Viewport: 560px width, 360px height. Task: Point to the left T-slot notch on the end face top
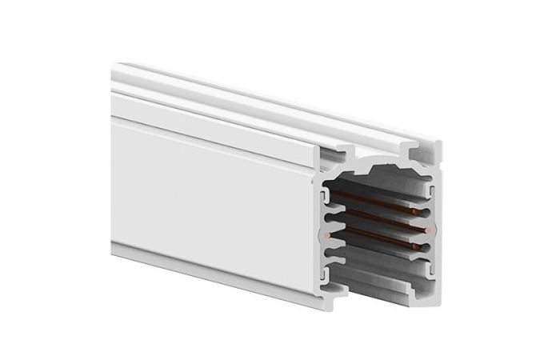[x=349, y=150]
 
